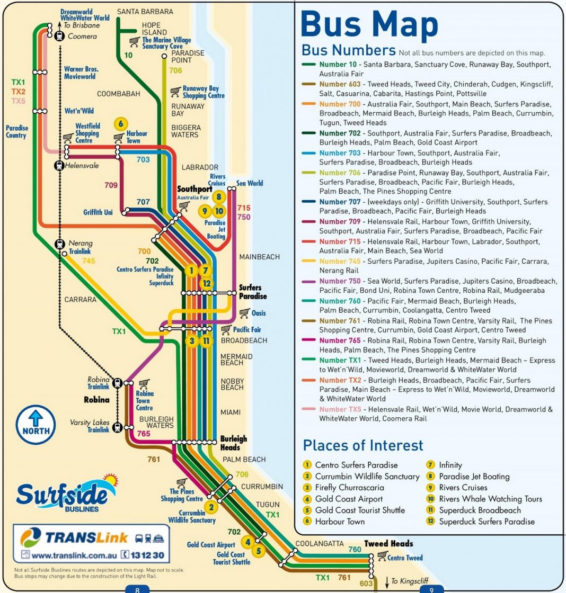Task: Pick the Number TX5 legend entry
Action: [340, 409]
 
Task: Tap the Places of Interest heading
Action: [363, 445]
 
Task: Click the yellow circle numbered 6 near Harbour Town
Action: [121, 124]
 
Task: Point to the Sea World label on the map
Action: [250, 183]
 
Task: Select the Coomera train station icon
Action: [59, 36]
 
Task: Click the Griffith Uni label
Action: [98, 212]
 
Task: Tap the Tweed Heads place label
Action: [388, 544]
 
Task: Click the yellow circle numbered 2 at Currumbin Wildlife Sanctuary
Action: [211, 507]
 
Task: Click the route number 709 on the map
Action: [111, 185]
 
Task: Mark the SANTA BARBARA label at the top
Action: [145, 11]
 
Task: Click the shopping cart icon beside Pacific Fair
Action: [226, 329]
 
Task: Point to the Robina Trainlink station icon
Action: [117, 383]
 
